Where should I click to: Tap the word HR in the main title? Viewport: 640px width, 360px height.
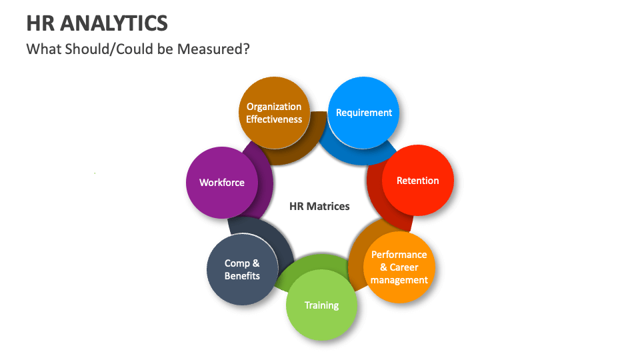click(x=41, y=23)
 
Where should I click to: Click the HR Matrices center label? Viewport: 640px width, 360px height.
click(x=319, y=206)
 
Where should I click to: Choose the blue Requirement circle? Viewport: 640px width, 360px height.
click(x=364, y=113)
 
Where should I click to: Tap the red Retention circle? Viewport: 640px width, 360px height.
click(x=418, y=181)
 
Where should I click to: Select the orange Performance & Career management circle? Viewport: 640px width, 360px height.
click(x=399, y=267)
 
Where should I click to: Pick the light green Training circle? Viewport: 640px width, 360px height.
click(x=322, y=305)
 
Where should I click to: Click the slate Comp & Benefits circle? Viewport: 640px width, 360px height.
click(x=242, y=269)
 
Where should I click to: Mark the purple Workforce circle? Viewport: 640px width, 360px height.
click(x=222, y=183)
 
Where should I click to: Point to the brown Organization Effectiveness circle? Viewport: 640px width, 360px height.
click(x=274, y=113)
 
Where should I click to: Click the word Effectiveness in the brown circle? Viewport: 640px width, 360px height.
click(x=274, y=119)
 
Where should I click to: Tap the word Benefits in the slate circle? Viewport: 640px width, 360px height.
click(x=242, y=276)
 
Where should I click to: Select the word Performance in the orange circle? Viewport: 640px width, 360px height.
click(x=399, y=255)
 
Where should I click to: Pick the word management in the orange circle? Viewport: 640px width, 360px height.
click(x=399, y=280)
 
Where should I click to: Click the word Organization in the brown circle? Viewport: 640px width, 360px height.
click(x=274, y=107)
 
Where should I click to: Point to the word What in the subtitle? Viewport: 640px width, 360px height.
click(x=41, y=49)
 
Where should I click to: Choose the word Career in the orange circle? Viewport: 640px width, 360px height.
click(x=404, y=267)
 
